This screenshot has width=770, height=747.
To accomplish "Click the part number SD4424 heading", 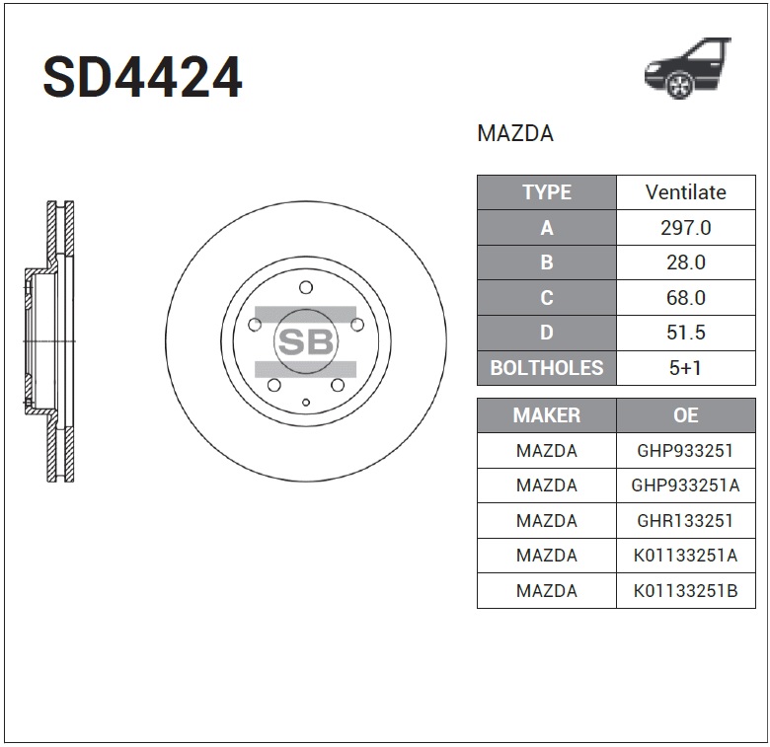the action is coord(142,77).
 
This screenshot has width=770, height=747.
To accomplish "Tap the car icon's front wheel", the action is coord(679,85).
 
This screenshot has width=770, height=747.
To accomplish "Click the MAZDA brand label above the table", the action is coord(515,133).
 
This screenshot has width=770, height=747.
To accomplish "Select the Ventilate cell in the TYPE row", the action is coord(685,192).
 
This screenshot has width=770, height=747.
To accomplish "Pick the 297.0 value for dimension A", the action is coord(685,228).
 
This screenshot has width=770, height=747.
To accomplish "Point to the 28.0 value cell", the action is coord(685,262).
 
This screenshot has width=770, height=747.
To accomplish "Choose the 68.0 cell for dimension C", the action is coord(685,298).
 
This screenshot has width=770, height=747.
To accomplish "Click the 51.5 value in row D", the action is coord(685,333).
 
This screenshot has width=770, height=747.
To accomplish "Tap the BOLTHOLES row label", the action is coord(547,368).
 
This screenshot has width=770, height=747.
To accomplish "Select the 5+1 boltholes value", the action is coord(685,368).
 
